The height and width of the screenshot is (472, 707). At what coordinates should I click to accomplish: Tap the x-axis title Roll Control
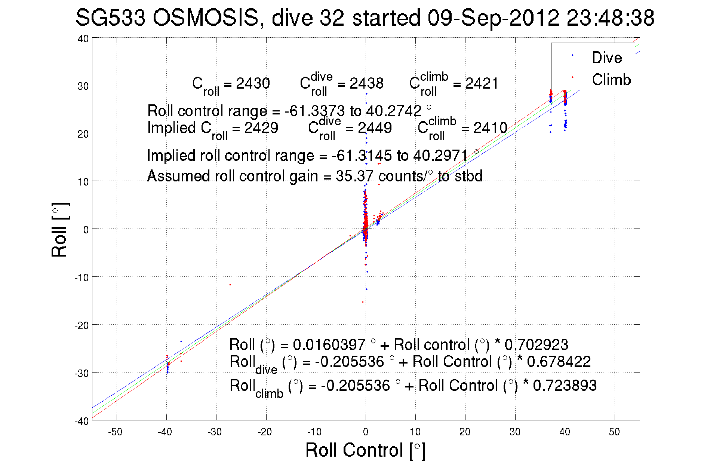coord(365,450)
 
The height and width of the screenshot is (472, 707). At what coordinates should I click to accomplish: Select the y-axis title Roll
coord(60,230)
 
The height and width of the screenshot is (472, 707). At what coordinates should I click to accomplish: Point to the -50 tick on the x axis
coord(115,432)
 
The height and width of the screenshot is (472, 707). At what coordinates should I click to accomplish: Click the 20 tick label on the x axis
coord(465,432)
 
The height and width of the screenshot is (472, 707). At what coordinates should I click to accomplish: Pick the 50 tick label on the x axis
coord(614,432)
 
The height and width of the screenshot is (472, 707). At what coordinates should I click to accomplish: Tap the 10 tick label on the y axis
coord(84,182)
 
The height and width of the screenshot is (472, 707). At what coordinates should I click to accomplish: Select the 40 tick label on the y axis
coord(83,39)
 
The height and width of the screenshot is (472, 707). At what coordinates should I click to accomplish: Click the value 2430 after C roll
coord(253,83)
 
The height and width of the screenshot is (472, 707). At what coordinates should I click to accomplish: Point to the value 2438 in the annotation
coord(366,83)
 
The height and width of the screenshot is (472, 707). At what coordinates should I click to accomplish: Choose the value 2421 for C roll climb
coord(482,83)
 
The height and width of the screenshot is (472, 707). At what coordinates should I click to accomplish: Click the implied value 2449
coord(375,128)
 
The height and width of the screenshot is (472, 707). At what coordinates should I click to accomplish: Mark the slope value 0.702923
coord(536,344)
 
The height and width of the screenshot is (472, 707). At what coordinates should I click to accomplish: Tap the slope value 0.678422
coord(559,361)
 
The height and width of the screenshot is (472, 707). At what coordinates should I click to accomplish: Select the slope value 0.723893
coord(565,385)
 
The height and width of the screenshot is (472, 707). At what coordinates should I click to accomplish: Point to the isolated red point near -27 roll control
coord(230,285)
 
